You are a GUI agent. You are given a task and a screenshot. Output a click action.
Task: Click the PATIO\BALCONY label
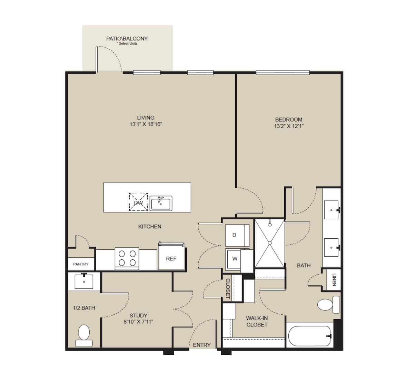click(x=127, y=39)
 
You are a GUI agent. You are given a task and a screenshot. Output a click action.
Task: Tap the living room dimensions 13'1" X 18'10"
click(x=146, y=124)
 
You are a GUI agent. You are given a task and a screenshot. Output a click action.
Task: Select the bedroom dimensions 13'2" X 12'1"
click(x=289, y=126)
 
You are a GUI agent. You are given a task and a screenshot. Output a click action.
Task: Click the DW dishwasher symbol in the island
click(x=138, y=202)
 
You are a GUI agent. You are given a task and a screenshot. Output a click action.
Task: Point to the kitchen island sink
click(x=161, y=203)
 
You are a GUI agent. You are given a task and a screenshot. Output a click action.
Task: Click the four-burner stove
click(x=127, y=258)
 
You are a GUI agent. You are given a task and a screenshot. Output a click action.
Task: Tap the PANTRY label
click(x=81, y=264)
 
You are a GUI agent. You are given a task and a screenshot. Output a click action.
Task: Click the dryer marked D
click(x=237, y=235)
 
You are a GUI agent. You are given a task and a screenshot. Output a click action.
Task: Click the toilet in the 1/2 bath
click(x=84, y=335)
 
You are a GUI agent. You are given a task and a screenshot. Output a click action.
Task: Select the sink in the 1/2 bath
click(x=84, y=281)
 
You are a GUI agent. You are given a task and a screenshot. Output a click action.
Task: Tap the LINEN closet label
click(x=334, y=280)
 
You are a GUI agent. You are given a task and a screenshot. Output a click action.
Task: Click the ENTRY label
click(x=202, y=345)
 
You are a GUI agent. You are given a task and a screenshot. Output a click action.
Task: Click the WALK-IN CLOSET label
click(x=257, y=321)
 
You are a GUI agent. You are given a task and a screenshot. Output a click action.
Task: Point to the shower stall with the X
click(x=269, y=243)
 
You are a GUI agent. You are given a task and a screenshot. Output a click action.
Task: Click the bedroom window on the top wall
click(x=283, y=73)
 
